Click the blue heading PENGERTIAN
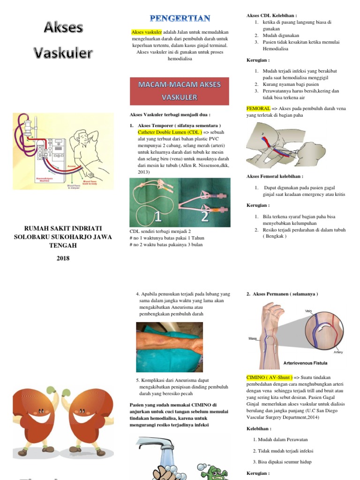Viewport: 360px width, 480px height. coord(180,18)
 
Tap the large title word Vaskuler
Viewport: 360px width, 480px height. coord(63,53)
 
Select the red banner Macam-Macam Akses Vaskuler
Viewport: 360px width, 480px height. coord(180,91)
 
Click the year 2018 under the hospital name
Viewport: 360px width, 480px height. coord(63,258)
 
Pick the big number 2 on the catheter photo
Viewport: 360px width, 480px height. coord(204,216)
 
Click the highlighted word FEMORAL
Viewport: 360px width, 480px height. coord(258,108)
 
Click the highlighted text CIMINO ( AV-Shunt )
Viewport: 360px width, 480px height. coord(270,377)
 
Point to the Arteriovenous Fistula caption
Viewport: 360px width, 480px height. coord(305,363)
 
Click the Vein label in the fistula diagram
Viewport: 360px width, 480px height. coord(308,311)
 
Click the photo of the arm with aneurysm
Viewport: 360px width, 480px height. coord(169,340)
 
